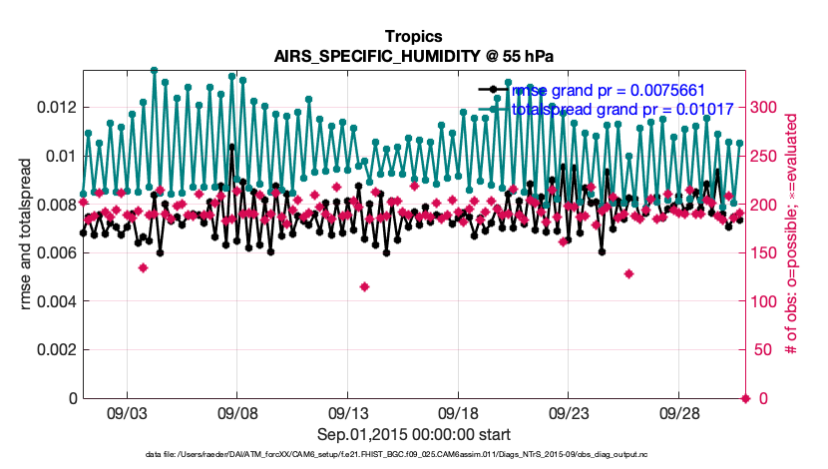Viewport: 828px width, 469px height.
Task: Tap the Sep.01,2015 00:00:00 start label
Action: (x=413, y=434)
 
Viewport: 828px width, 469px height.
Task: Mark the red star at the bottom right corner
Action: (x=745, y=398)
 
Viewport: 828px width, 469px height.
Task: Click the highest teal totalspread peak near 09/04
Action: (x=154, y=71)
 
